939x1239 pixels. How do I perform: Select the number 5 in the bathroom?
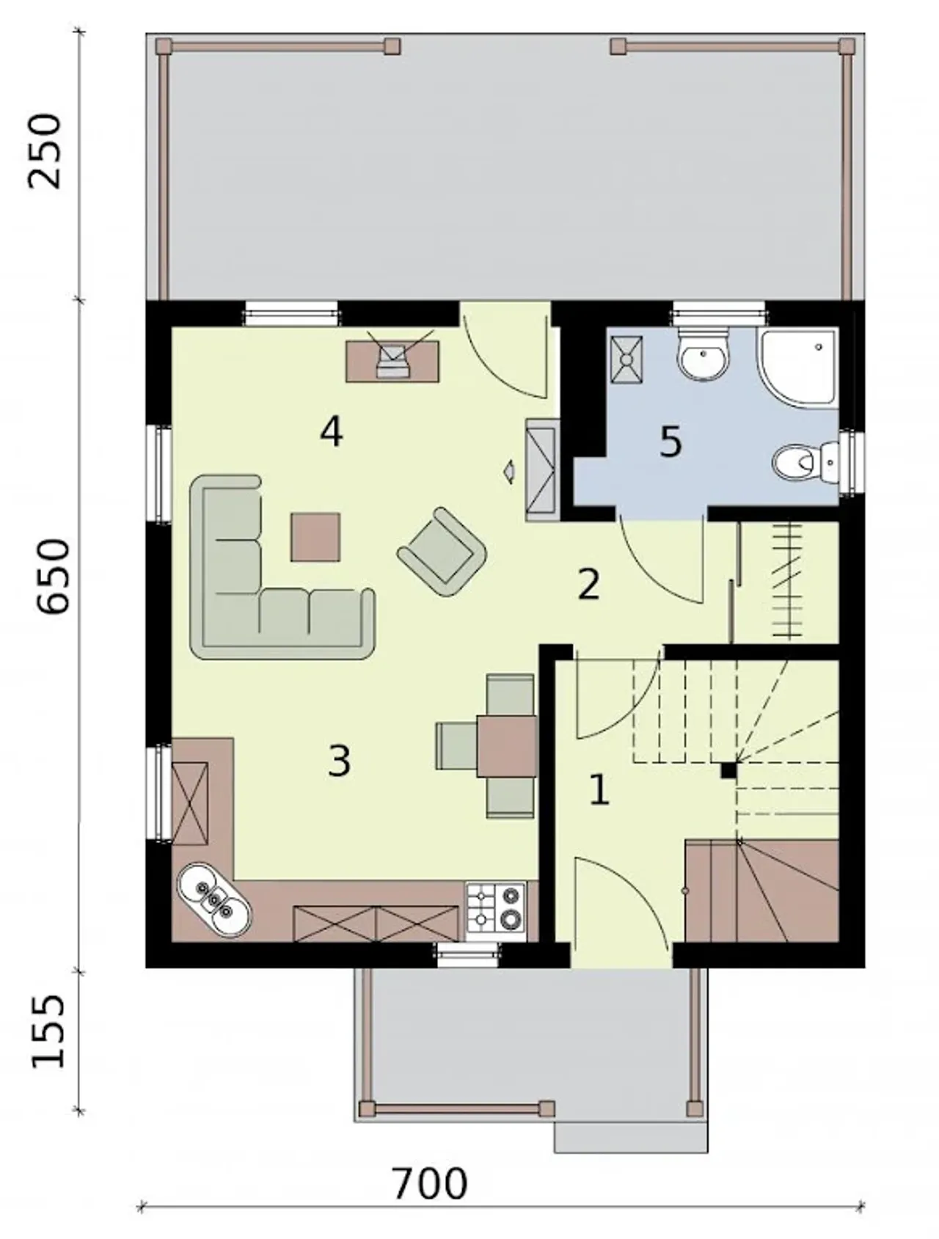[x=671, y=442]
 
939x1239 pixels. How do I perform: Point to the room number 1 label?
[x=599, y=791]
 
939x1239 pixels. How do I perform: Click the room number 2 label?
[x=588, y=585]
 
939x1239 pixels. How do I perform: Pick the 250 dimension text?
[x=45, y=150]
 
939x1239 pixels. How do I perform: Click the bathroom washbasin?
[x=703, y=356]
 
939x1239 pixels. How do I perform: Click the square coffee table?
[x=315, y=537]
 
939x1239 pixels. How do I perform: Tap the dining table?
[x=508, y=745]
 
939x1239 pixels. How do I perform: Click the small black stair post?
[x=728, y=770]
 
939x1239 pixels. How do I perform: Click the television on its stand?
[x=392, y=360]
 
